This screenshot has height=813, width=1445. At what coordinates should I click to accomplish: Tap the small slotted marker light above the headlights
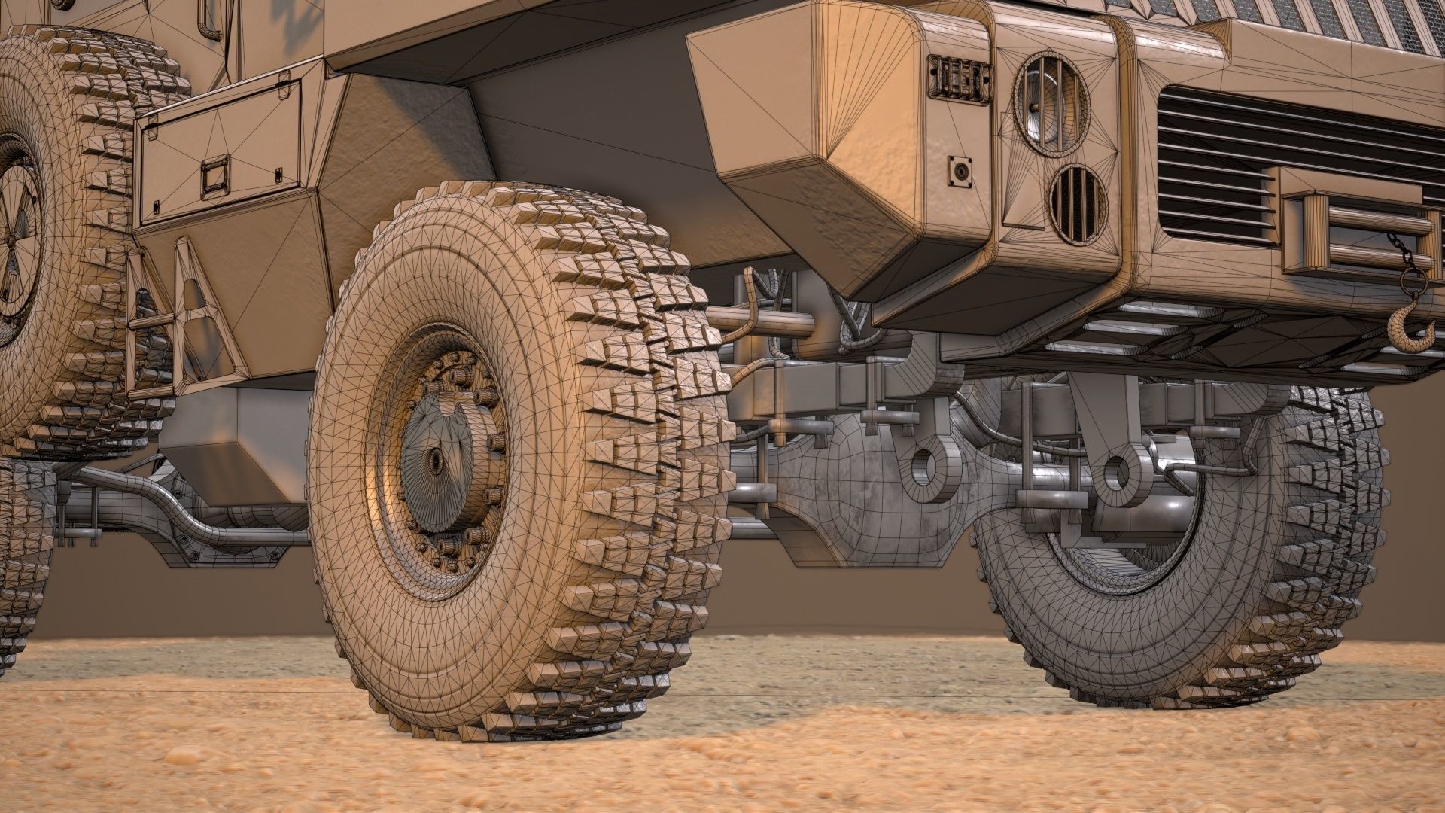pyautogui.click(x=957, y=77)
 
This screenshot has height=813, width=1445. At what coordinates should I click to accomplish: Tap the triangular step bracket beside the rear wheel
pyautogui.click(x=188, y=301)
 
